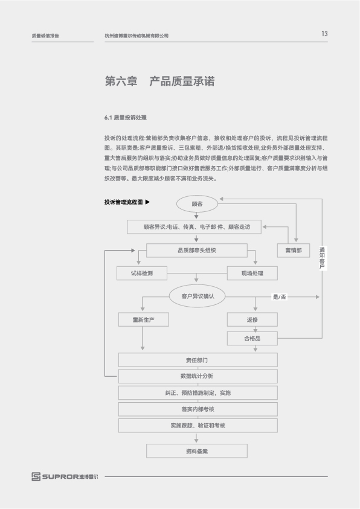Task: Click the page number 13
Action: [324, 34]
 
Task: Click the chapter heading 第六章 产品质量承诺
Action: [159, 81]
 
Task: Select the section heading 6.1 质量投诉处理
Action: [125, 118]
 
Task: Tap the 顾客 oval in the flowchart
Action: [197, 204]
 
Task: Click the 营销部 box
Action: [294, 251]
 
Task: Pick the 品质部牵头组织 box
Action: [197, 251]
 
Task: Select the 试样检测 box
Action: [142, 274]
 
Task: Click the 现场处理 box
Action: [252, 274]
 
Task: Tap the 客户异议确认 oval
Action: [198, 296]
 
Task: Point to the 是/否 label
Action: [280, 296]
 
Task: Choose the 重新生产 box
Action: [144, 320]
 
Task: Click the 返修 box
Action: [252, 320]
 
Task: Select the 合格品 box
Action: [252, 339]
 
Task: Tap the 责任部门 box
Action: [198, 360]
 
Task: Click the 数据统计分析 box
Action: [198, 376]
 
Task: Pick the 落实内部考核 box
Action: [198, 409]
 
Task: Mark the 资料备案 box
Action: [197, 451]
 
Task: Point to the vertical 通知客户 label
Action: [322, 258]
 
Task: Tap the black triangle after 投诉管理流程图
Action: [148, 202]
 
